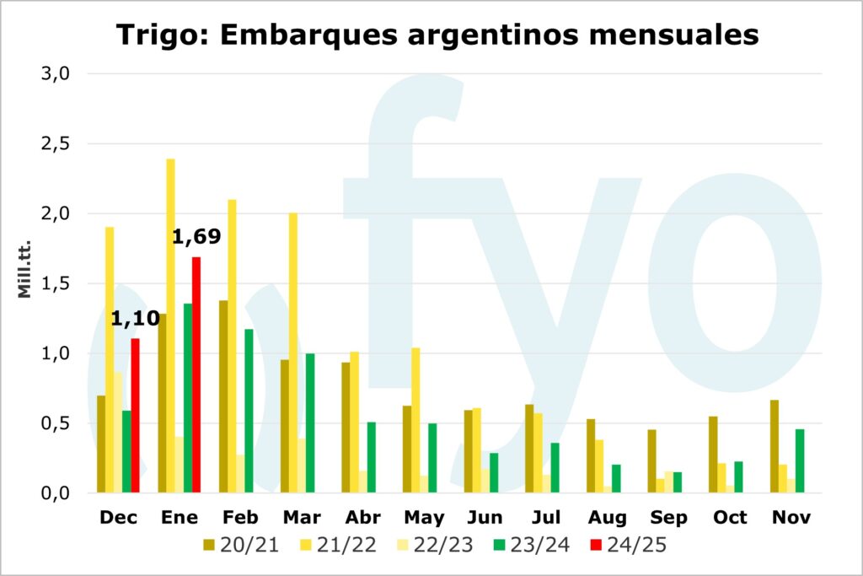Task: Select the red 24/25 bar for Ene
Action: [x=196, y=374]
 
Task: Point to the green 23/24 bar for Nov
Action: [x=800, y=460]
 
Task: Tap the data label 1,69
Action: [x=196, y=237]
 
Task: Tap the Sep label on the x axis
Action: [x=667, y=518]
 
